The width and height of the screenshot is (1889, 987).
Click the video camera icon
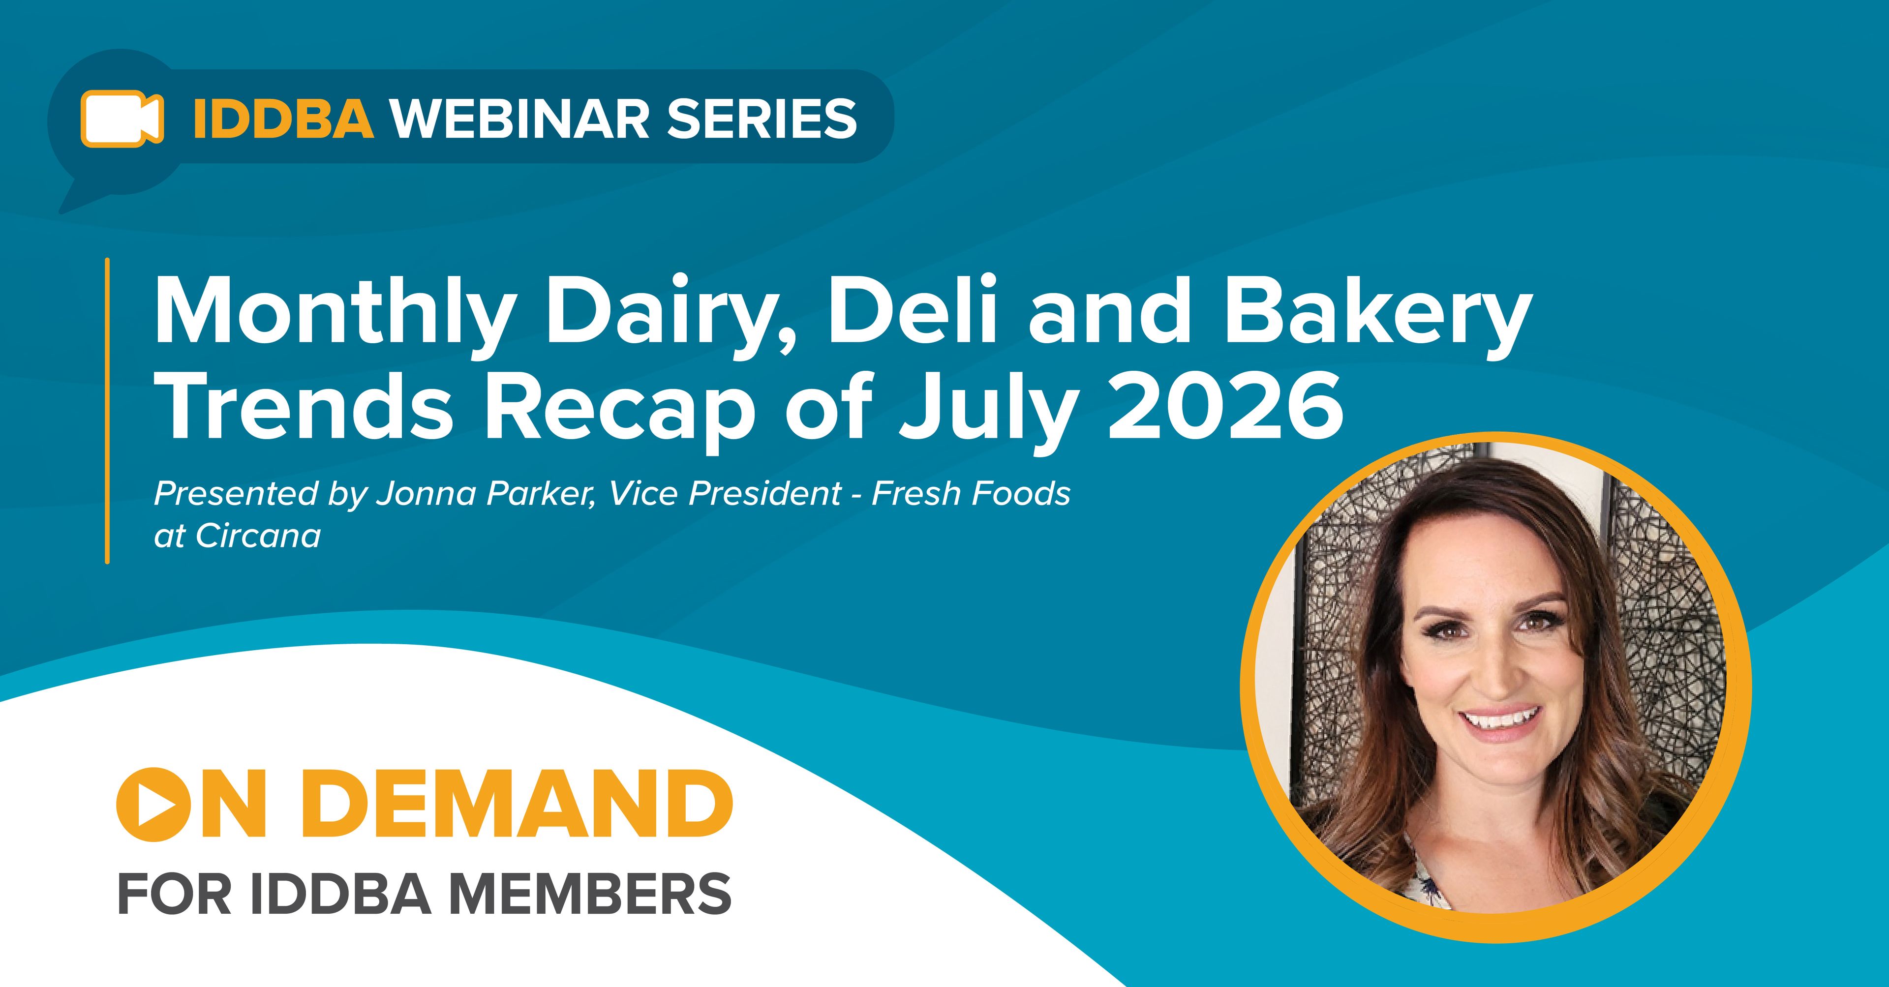122,118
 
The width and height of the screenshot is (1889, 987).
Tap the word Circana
258,536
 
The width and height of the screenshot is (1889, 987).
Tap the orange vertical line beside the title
107,411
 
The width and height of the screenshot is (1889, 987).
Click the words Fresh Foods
971,494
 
